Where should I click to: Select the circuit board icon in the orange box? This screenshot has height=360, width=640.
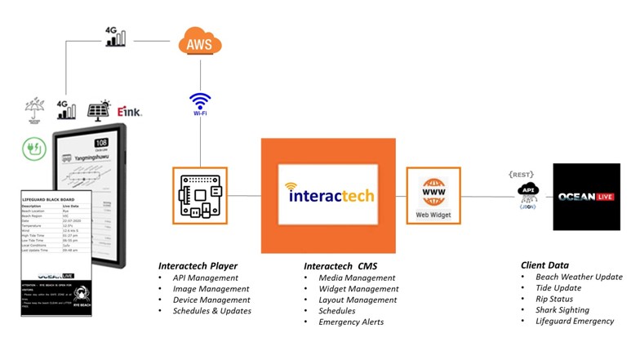click(200, 195)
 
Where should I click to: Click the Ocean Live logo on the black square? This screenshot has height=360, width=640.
click(585, 196)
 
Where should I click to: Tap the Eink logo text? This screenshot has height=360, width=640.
click(129, 112)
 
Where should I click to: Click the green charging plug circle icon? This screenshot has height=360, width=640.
click(33, 148)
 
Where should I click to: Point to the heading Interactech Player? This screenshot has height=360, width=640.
click(198, 265)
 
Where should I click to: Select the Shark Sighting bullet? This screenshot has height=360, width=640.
click(562, 310)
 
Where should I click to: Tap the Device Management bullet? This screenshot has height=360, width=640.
click(211, 300)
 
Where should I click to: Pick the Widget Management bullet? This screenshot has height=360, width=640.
click(358, 289)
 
